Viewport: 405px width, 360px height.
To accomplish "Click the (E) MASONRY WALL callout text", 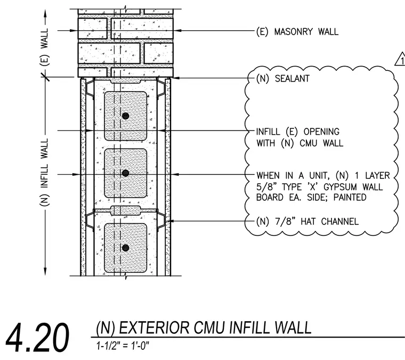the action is pos(297,32).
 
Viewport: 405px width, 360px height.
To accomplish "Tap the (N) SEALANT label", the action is pos(283,78).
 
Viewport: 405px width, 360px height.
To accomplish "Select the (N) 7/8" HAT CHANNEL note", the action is pos(307,222).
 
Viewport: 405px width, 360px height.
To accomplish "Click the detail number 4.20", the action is pos(37,338).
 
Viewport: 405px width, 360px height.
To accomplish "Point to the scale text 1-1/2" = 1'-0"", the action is pos(123,346).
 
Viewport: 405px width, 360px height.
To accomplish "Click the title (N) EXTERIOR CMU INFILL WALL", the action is pos(204,328).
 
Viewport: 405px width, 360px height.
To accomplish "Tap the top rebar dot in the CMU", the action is pos(126,116).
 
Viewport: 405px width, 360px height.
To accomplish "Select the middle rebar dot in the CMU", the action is pos(126,173).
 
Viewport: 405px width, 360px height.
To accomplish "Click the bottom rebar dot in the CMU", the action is pos(126,248).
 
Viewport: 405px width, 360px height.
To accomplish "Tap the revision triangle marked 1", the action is pos(400,59).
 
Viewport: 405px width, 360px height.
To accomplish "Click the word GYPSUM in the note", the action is pos(337,186).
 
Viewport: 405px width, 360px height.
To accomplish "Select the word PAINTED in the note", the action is pos(350,198).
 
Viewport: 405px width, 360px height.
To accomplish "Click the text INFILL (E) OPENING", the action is pos(298,132).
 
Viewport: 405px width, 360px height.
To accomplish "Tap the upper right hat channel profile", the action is pos(161,88).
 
